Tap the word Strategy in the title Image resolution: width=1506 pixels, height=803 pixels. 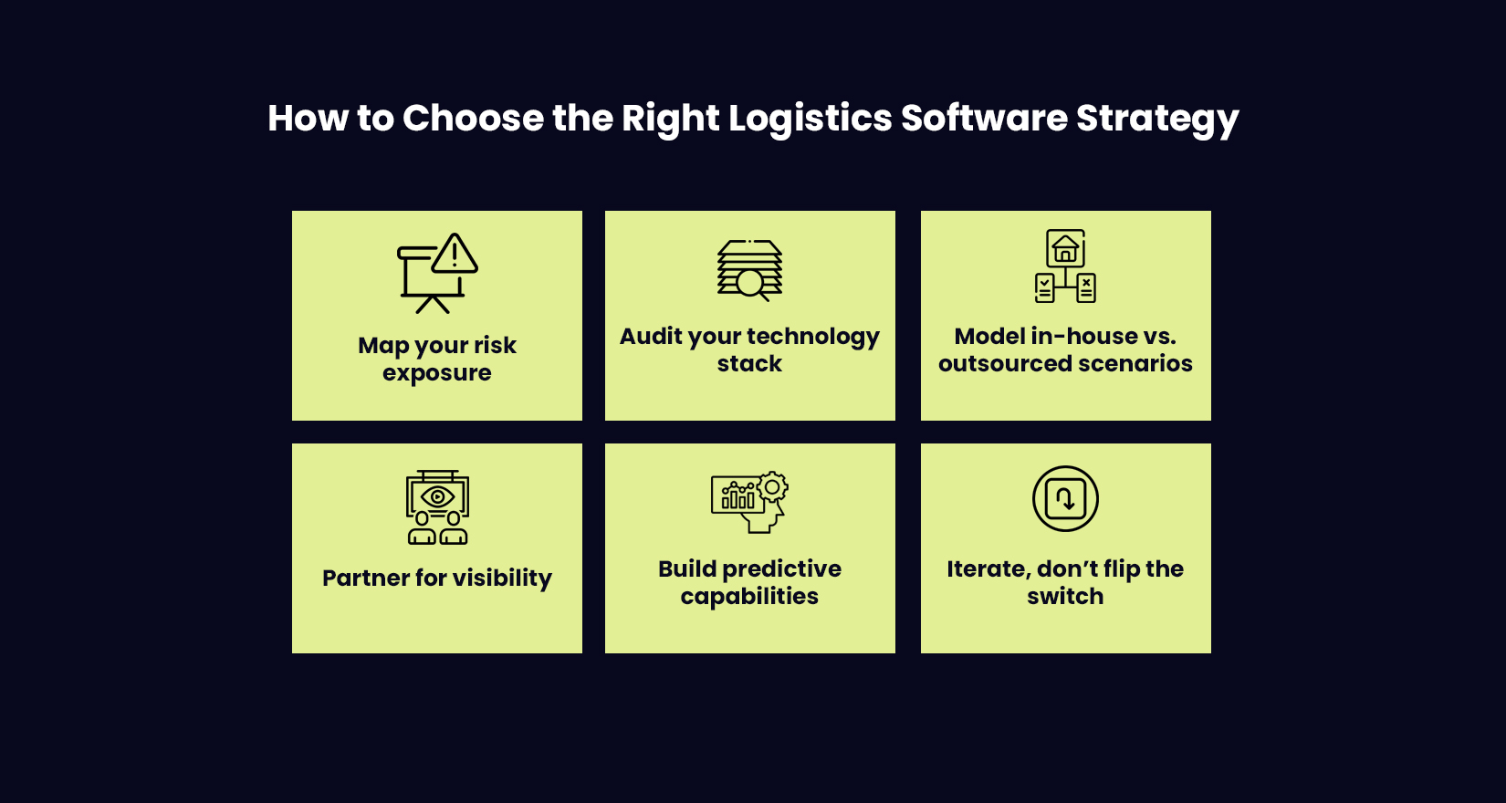(1156, 119)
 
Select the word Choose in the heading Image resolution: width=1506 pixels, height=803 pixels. (473, 119)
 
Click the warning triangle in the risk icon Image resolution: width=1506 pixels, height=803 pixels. (455, 255)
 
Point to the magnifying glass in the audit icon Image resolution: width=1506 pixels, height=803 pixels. (751, 284)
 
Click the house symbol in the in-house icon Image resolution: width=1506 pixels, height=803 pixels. (1065, 248)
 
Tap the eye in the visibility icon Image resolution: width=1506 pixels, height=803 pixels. (438, 497)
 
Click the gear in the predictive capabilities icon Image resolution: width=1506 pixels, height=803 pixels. (772, 487)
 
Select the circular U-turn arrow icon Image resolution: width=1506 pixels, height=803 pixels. (1065, 498)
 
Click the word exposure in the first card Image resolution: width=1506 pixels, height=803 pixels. (437, 373)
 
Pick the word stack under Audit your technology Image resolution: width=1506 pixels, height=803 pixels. (749, 364)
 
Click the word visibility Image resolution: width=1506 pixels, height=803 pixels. (502, 579)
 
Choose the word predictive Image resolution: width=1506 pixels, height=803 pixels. (782, 569)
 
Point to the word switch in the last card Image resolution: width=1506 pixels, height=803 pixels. (1065, 597)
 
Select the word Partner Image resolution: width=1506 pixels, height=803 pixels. (365, 579)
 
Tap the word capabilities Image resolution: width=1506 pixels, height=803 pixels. (749, 597)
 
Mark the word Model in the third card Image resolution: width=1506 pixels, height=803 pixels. (989, 337)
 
